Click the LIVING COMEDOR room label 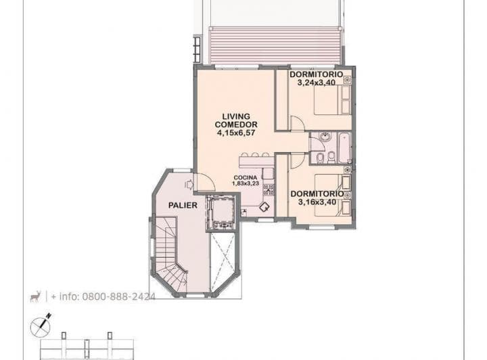[x=236, y=120]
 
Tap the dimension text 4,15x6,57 [x=236, y=133]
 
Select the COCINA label [x=246, y=177]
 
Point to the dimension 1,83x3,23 [x=246, y=183]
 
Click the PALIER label [x=183, y=204]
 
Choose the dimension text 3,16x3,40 [x=317, y=201]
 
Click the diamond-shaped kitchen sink [x=264, y=208]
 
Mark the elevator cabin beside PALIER [x=221, y=212]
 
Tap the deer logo [x=35, y=296]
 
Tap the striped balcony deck [x=273, y=45]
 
